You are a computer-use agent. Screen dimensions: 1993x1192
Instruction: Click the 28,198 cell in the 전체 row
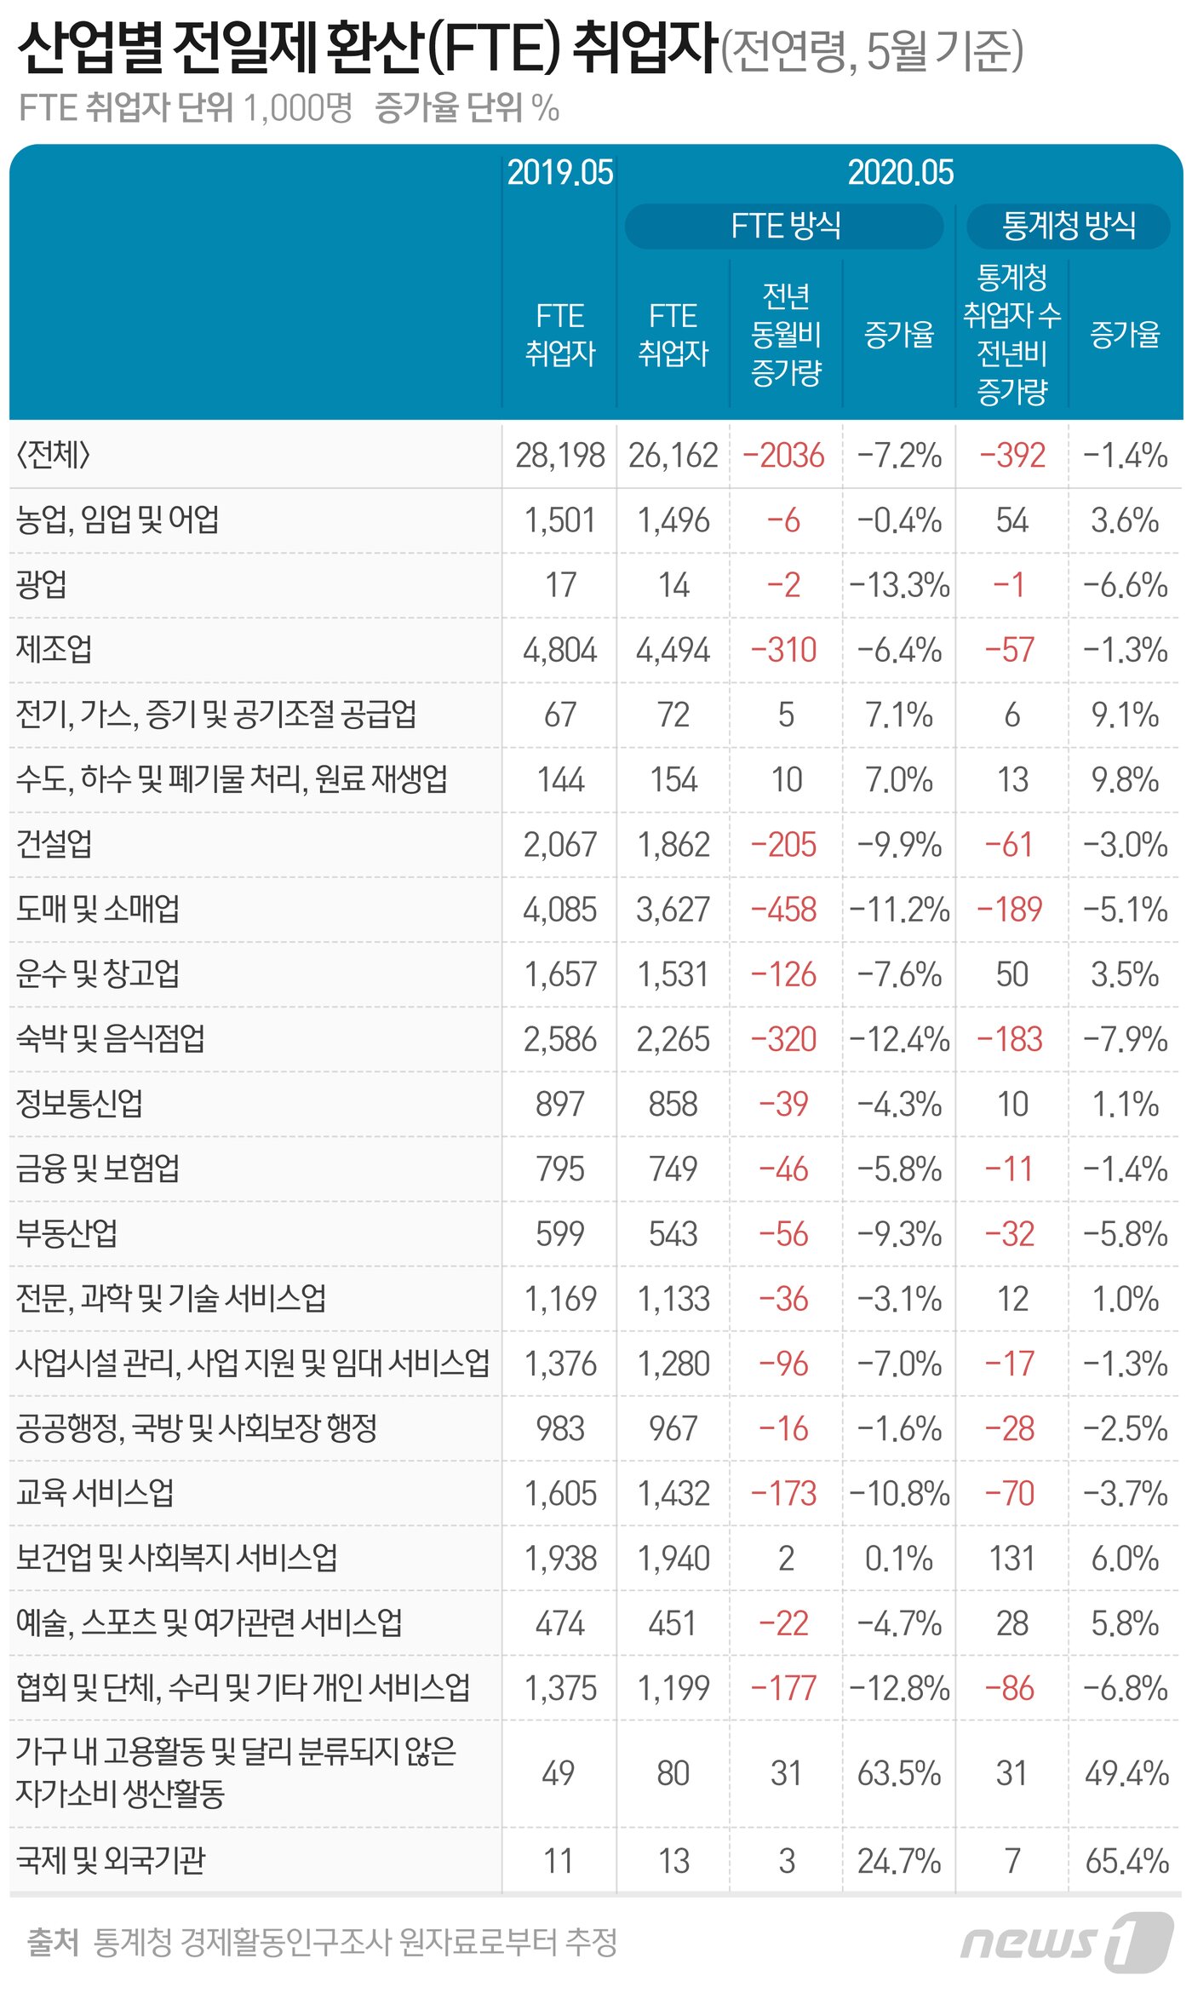click(x=559, y=456)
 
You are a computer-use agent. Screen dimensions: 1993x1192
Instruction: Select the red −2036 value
click(x=783, y=456)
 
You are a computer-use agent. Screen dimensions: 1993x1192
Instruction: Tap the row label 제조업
click(x=54, y=649)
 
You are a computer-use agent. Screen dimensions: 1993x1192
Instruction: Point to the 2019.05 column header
click(x=559, y=172)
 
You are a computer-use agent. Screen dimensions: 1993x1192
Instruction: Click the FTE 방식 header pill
click(x=784, y=226)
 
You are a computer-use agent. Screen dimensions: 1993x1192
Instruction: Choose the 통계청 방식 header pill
click(x=1069, y=226)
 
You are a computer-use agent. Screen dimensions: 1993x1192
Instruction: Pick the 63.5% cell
click(x=898, y=1773)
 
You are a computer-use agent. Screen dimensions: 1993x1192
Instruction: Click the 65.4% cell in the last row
click(x=1126, y=1861)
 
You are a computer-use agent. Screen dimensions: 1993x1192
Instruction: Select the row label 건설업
click(x=54, y=843)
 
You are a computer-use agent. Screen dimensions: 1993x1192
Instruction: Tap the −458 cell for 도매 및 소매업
click(x=783, y=910)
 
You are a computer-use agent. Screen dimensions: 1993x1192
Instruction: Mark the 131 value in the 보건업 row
click(x=1011, y=1559)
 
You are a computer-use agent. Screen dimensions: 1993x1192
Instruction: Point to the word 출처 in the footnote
click(x=52, y=1941)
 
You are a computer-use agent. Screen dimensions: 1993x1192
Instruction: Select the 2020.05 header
click(x=900, y=172)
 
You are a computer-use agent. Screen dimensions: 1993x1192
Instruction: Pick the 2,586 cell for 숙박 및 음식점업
click(x=559, y=1039)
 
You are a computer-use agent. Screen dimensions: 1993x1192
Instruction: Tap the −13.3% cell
click(x=898, y=585)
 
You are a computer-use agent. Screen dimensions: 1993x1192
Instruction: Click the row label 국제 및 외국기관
click(x=111, y=1860)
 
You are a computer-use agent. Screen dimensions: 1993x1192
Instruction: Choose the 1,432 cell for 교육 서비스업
click(x=673, y=1494)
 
